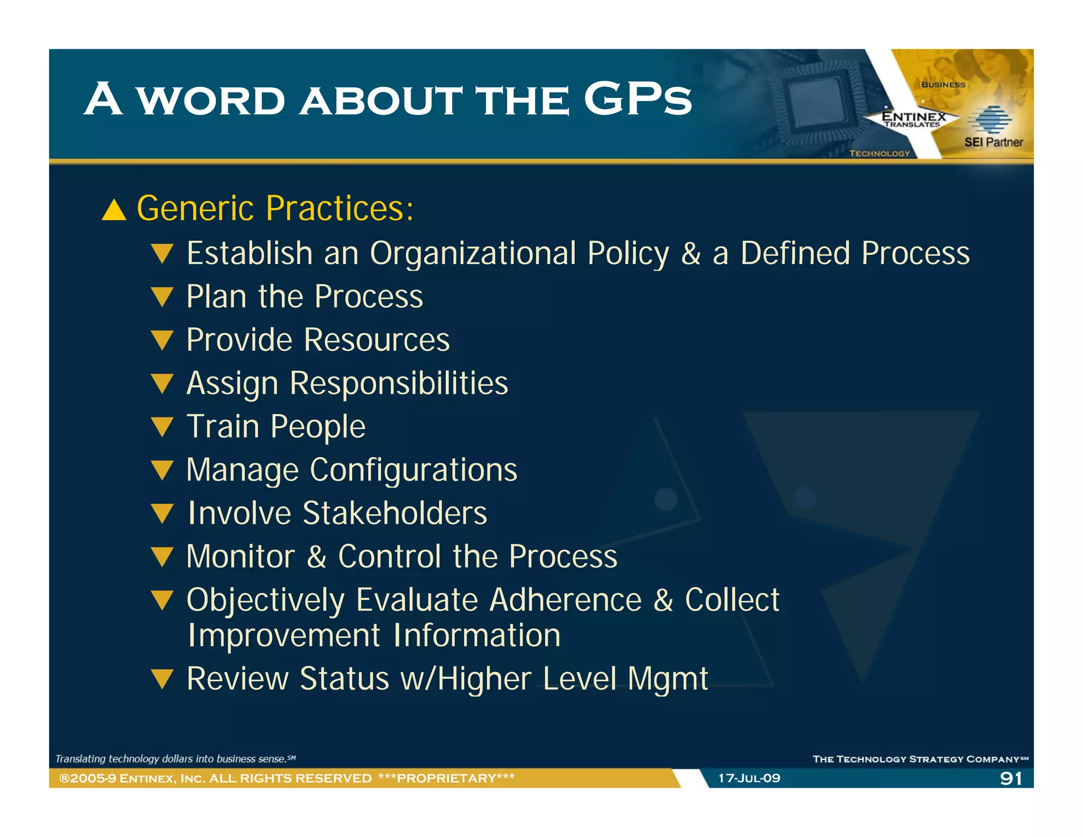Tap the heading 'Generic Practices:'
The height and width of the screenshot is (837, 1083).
(x=275, y=208)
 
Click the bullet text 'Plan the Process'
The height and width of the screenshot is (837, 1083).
(x=305, y=296)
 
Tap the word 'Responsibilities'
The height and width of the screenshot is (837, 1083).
(x=399, y=383)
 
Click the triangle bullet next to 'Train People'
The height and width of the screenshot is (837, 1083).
(x=162, y=426)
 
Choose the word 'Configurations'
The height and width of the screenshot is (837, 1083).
(x=414, y=470)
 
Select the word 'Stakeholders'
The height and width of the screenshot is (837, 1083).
(x=394, y=513)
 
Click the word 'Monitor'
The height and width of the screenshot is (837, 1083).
(x=241, y=557)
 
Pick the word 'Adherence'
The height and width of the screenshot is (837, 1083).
(x=565, y=600)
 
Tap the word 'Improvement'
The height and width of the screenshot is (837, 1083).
(x=284, y=635)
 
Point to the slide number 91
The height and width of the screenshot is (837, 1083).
(x=1011, y=778)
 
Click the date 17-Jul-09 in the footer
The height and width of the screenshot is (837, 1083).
(x=749, y=778)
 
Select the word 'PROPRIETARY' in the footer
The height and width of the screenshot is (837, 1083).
(x=446, y=778)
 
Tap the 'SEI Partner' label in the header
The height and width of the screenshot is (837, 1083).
(x=993, y=142)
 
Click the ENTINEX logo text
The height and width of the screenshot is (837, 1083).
(x=913, y=116)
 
